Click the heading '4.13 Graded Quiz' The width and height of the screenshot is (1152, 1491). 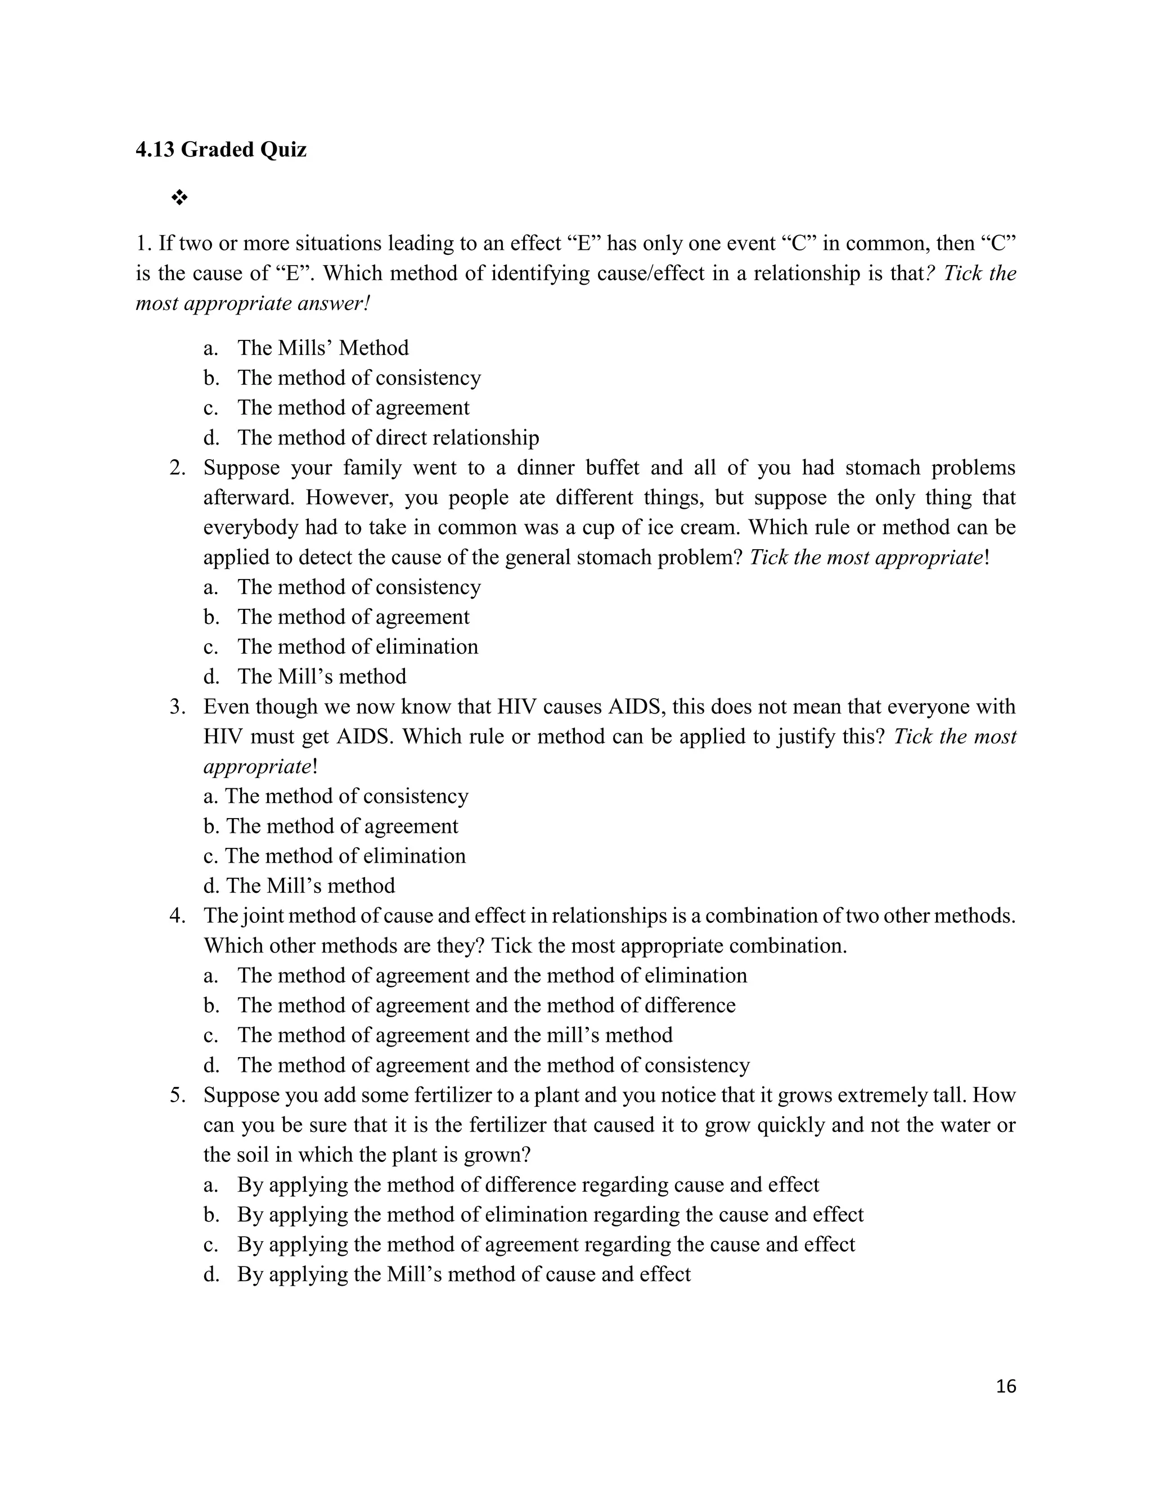tap(221, 150)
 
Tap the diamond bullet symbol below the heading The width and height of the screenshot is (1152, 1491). tap(179, 199)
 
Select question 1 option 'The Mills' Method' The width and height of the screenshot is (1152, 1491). tap(322, 348)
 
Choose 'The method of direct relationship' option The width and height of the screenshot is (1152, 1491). tap(388, 438)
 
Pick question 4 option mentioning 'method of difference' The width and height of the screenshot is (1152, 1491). tap(486, 1005)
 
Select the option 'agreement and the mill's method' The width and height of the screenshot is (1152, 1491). tap(454, 1036)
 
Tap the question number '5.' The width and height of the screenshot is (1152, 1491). tap(178, 1095)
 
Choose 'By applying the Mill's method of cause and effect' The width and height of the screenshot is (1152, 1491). tap(463, 1274)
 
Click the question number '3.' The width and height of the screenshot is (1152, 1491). tap(178, 707)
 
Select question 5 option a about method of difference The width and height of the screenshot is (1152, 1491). tap(528, 1185)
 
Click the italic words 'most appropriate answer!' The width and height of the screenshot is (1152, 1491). tap(253, 304)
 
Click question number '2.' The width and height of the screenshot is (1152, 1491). tap(178, 468)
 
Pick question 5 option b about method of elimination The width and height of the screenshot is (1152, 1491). tap(550, 1215)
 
